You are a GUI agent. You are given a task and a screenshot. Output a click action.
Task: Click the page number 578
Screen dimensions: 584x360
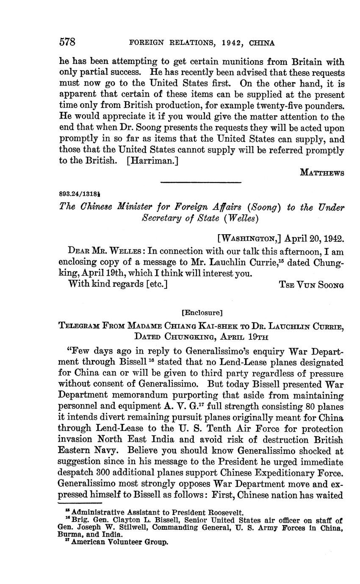pyautogui.click(x=67, y=42)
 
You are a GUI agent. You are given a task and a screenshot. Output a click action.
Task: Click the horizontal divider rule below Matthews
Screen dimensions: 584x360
pyautogui.click(x=201, y=183)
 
